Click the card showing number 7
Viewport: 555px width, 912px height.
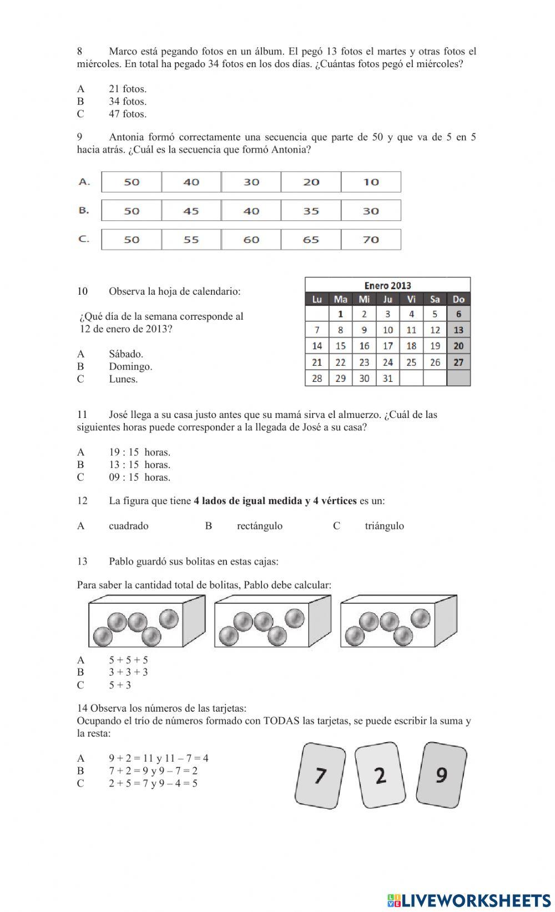320,775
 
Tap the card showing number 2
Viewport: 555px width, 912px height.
380,775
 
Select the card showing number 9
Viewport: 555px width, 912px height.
441,774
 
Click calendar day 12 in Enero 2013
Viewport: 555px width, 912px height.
435,330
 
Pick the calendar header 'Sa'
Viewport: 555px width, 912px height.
435,299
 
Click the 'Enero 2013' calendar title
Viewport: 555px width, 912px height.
387,285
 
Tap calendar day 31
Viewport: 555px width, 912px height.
387,378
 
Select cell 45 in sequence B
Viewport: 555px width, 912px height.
191,211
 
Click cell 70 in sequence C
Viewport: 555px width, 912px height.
371,240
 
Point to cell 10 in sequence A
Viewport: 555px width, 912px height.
371,182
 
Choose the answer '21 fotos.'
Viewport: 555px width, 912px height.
128,89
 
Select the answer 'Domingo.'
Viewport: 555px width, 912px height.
130,366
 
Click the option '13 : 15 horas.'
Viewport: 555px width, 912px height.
139,465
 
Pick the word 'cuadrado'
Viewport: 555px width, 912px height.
129,526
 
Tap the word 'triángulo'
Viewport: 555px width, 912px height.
384,526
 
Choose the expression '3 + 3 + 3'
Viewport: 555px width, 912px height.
128,672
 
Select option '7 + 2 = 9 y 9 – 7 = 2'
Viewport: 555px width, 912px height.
153,770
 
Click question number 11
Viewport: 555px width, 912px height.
82,415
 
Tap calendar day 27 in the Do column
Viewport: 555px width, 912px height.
458,362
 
